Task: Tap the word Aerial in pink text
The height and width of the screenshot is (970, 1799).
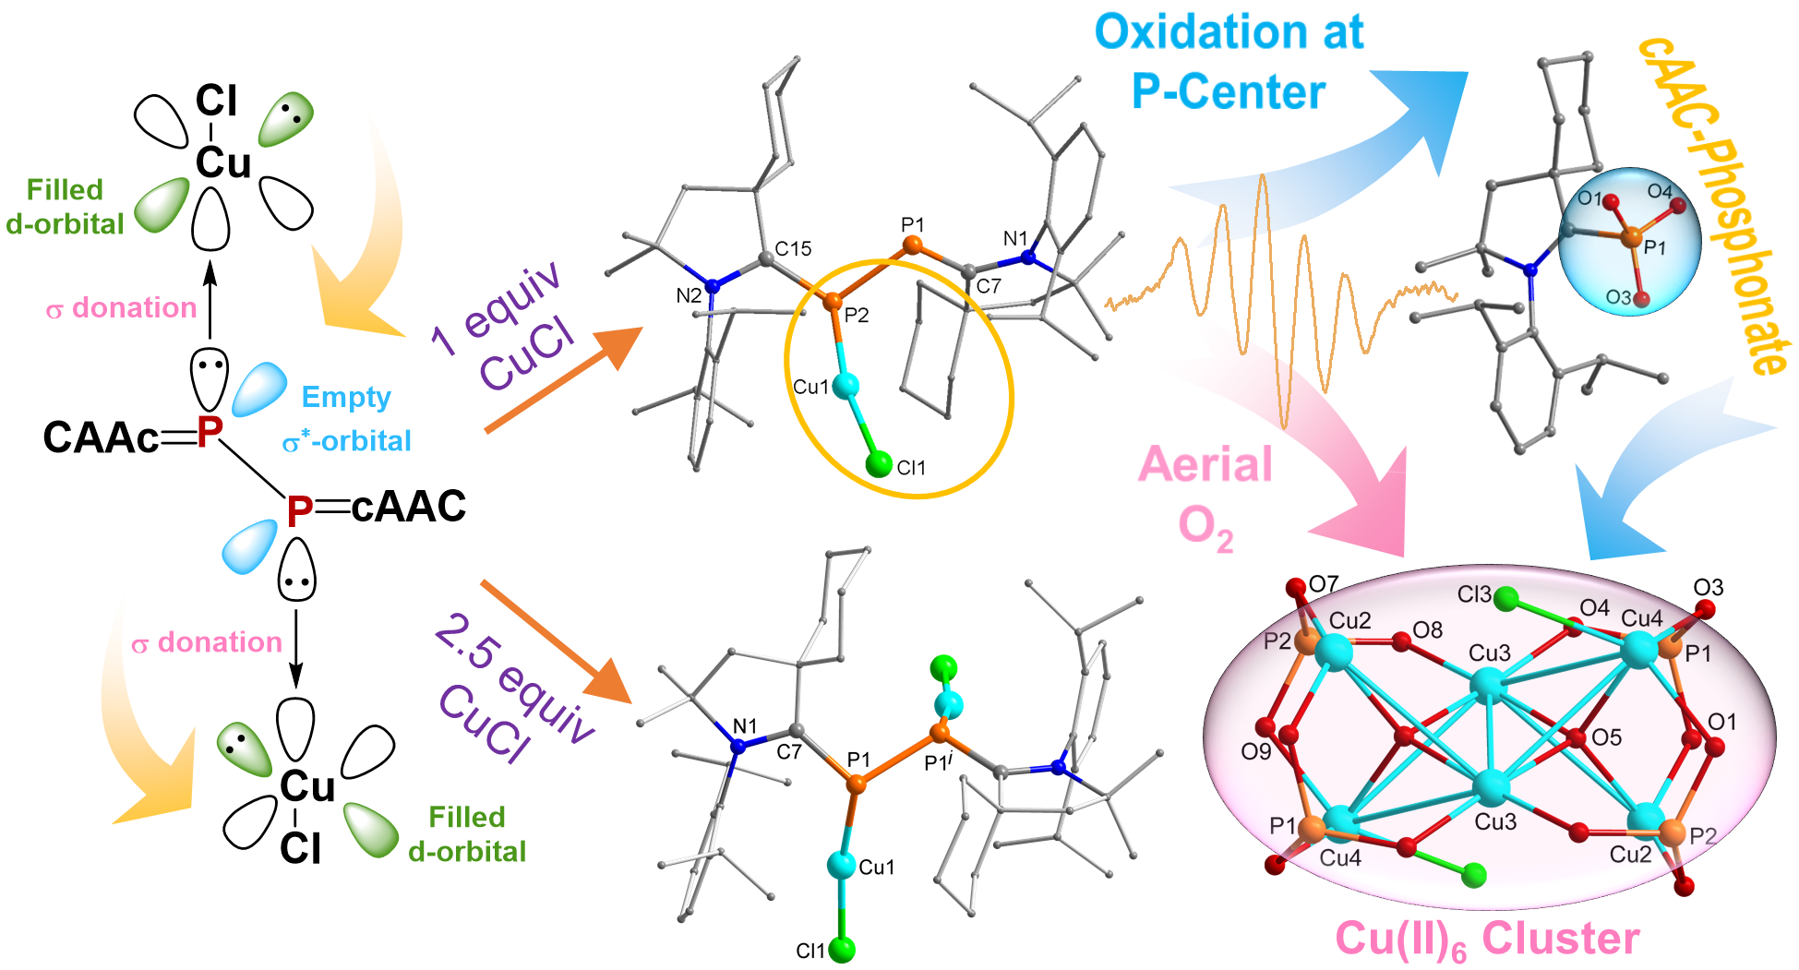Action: pyautogui.click(x=1205, y=464)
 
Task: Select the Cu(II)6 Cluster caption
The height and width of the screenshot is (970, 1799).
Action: pyautogui.click(x=1487, y=939)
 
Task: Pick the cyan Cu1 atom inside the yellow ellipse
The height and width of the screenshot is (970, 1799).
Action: pyautogui.click(x=846, y=385)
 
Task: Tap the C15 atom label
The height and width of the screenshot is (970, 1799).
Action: pyautogui.click(x=793, y=248)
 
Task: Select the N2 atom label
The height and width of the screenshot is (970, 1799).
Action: pyautogui.click(x=689, y=296)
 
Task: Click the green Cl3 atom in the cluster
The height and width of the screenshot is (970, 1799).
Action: pyautogui.click(x=1505, y=599)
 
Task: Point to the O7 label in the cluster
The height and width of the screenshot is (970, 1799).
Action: pyautogui.click(x=1324, y=584)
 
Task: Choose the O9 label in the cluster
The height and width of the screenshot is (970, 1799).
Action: pyautogui.click(x=1255, y=751)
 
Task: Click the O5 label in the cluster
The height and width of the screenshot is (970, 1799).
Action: pyautogui.click(x=1606, y=737)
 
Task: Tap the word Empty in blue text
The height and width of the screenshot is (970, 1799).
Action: pyautogui.click(x=346, y=397)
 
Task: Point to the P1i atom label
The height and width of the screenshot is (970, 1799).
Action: pyautogui.click(x=938, y=762)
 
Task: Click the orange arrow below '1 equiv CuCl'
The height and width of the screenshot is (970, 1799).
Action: pyautogui.click(x=563, y=379)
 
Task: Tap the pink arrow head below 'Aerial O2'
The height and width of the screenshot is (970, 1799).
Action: pyautogui.click(x=1366, y=517)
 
